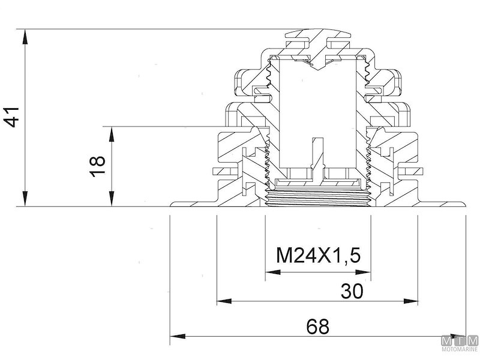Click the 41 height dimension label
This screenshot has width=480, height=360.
click(x=11, y=117)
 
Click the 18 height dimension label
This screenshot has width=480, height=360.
click(x=97, y=166)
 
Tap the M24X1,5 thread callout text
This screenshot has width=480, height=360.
click(x=318, y=256)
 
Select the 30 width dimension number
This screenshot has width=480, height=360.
click(x=352, y=291)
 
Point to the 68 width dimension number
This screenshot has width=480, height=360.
click(x=318, y=326)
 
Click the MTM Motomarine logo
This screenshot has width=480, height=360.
click(x=460, y=344)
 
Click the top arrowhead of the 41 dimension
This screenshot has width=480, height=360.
click(x=25, y=37)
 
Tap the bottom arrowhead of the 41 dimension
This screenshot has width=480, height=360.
click(x=25, y=199)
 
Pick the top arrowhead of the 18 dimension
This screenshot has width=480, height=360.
click(x=112, y=134)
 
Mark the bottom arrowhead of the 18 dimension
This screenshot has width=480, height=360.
click(x=112, y=199)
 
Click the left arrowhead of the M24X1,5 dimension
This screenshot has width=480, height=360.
click(x=273, y=272)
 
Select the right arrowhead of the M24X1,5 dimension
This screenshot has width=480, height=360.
click(x=364, y=272)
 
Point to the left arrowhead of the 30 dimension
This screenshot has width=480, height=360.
click(x=224, y=301)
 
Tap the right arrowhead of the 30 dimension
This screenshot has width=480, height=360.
click(x=410, y=301)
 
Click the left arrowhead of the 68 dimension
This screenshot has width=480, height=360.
click(x=178, y=337)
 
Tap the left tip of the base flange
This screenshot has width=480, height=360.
click(x=170, y=205)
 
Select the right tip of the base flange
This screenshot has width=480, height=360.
click(x=466, y=205)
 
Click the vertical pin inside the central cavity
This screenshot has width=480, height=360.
click(x=317, y=159)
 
